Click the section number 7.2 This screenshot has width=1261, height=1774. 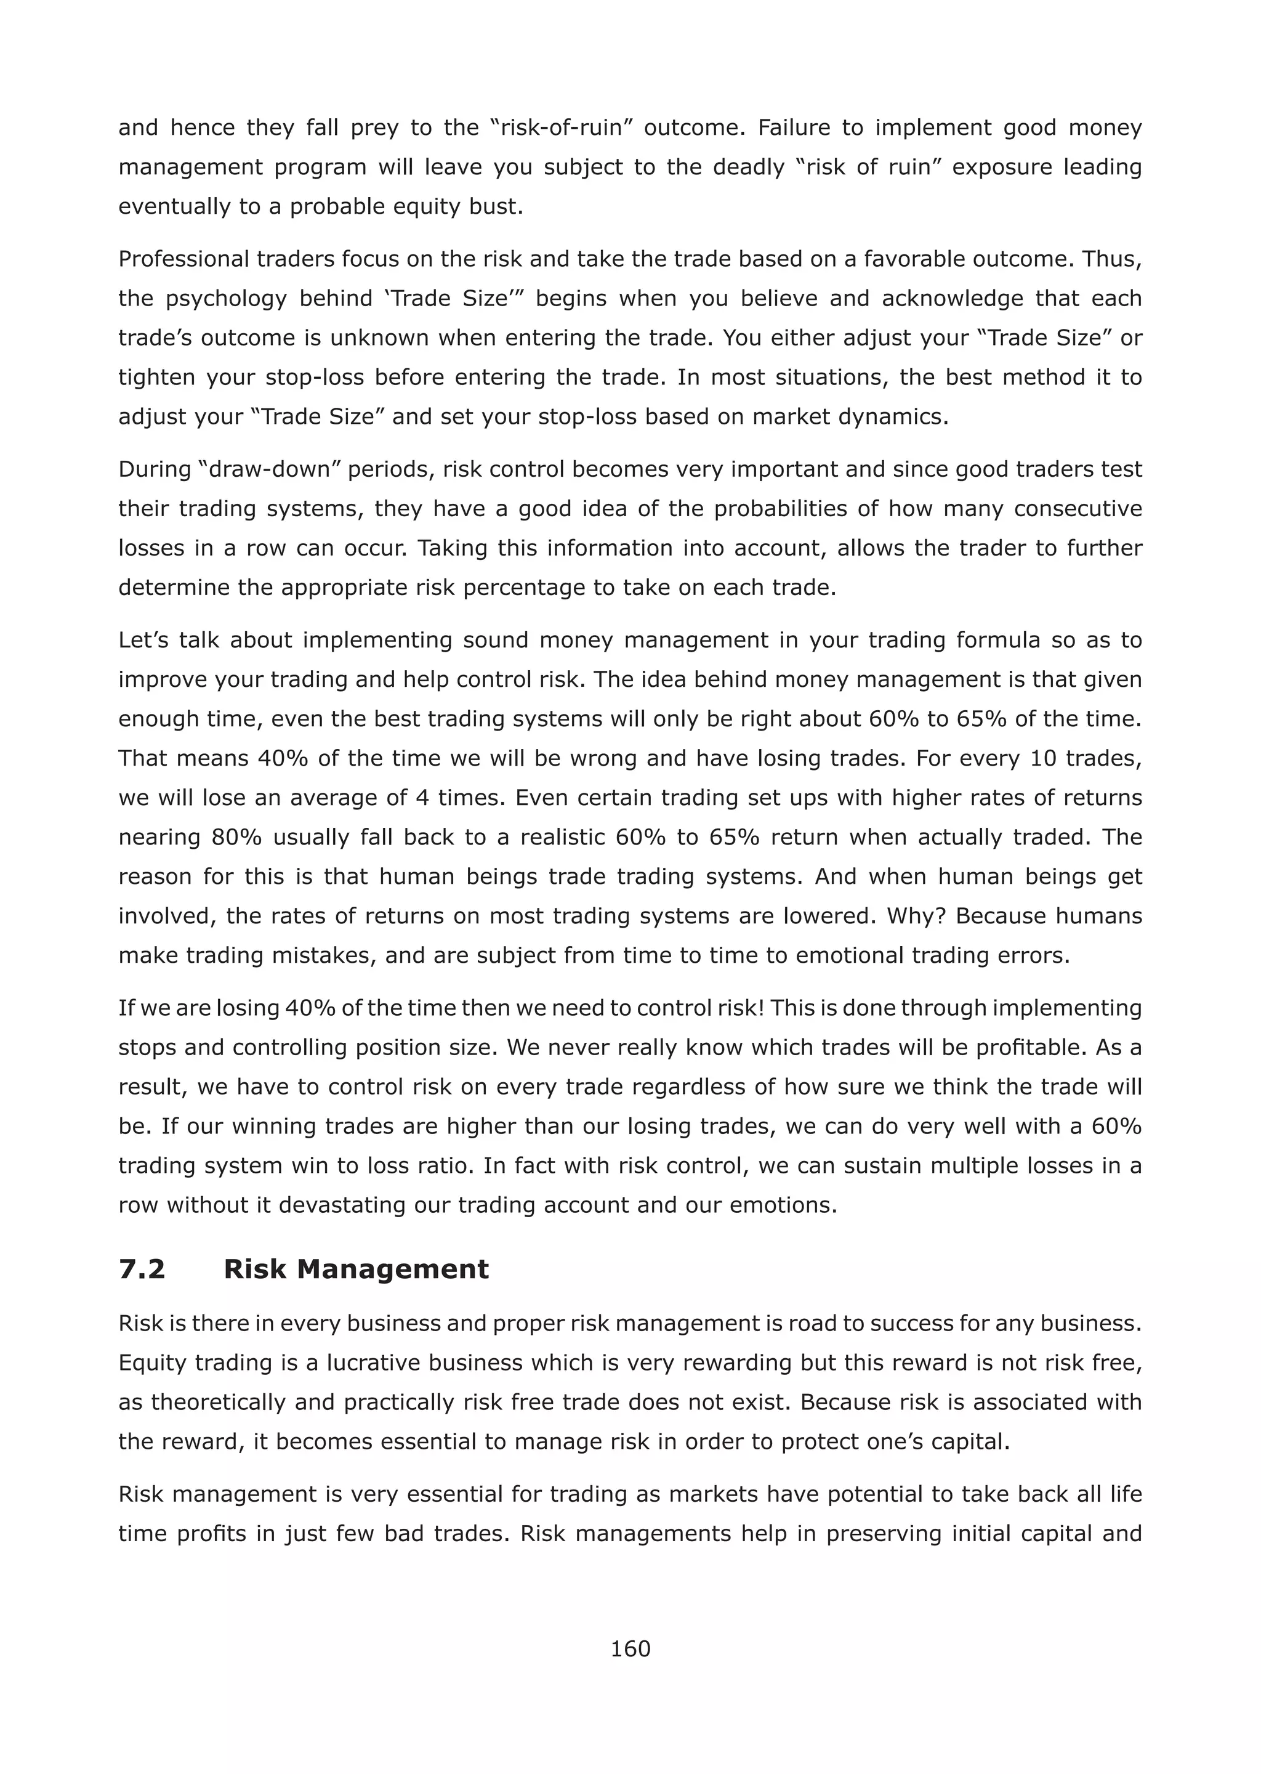coord(142,1269)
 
